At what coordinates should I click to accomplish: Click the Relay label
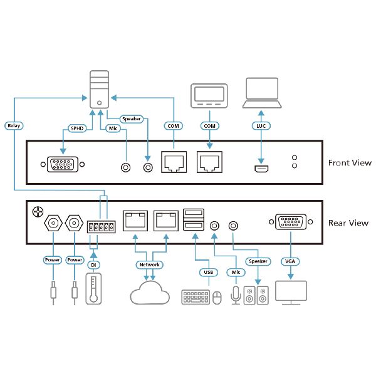(13, 125)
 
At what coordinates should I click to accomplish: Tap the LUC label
(262, 126)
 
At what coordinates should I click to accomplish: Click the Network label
(150, 264)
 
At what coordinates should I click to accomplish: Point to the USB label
(209, 272)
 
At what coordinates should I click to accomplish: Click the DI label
(93, 265)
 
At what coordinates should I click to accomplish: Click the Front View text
(350, 163)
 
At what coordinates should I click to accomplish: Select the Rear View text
(348, 223)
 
